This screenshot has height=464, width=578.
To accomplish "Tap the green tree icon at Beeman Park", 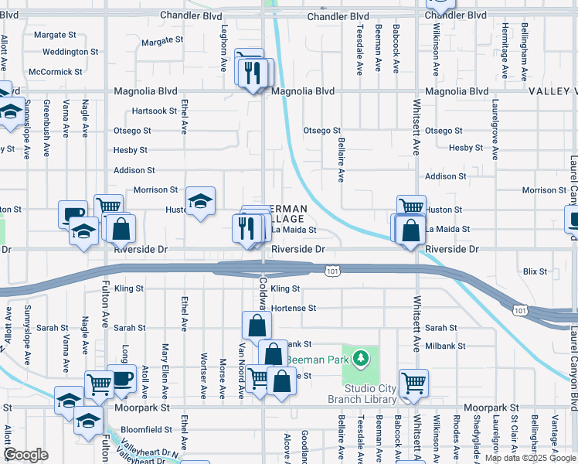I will (359, 358).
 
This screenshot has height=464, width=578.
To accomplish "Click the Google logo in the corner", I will (26, 455).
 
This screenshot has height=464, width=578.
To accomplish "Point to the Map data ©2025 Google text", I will (530, 458).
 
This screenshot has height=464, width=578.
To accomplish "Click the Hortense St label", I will (293, 308).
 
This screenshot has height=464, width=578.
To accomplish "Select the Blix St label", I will (534, 271).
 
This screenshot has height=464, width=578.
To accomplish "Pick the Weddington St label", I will (70, 52).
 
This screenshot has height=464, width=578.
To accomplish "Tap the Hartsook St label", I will (154, 111).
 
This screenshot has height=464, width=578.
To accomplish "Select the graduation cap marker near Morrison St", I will (201, 201).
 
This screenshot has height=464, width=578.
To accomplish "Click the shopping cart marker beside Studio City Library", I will (413, 382).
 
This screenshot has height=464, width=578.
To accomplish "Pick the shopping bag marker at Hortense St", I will (257, 325).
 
